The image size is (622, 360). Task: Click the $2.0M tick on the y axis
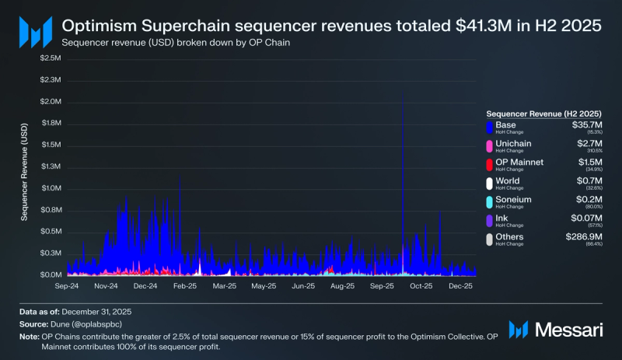[51, 102]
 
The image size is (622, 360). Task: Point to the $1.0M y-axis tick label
[51, 188]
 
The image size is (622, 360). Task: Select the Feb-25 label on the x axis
[185, 286]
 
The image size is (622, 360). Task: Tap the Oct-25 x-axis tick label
[421, 286]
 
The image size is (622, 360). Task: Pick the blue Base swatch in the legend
[489, 127]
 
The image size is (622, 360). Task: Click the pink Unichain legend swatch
[489, 145]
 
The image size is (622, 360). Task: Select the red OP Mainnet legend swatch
[489, 164]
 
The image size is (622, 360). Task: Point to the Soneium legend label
[513, 199]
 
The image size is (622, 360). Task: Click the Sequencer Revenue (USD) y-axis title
[25, 172]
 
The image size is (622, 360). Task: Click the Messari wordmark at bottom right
[570, 330]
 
